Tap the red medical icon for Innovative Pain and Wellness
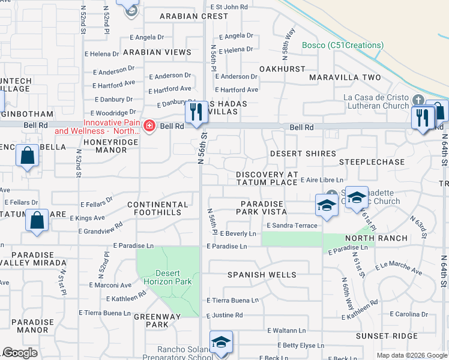(149, 127)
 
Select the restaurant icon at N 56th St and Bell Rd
(196, 112)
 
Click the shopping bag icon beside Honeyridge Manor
(28, 157)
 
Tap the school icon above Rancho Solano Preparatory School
(221, 343)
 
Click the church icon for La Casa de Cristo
(418, 100)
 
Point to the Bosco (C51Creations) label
(342, 45)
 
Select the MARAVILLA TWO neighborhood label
(345, 78)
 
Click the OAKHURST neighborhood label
(282, 70)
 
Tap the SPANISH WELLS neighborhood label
(261, 275)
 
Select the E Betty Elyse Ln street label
(303, 346)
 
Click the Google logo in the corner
(20, 353)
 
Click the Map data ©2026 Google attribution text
(411, 355)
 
